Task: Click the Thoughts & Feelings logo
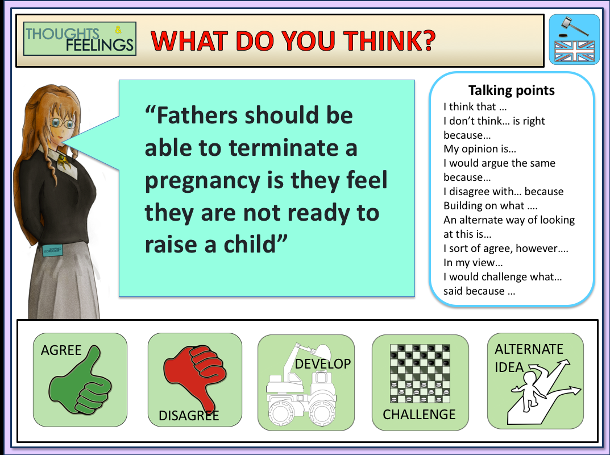(x=80, y=39)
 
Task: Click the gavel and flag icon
(x=574, y=39)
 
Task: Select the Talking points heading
(x=511, y=90)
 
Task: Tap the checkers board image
(x=420, y=374)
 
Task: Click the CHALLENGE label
(x=419, y=415)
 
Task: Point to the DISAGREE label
(x=189, y=416)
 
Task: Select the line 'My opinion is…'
(x=480, y=149)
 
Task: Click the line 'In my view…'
(x=473, y=263)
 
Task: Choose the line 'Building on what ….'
(x=490, y=206)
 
